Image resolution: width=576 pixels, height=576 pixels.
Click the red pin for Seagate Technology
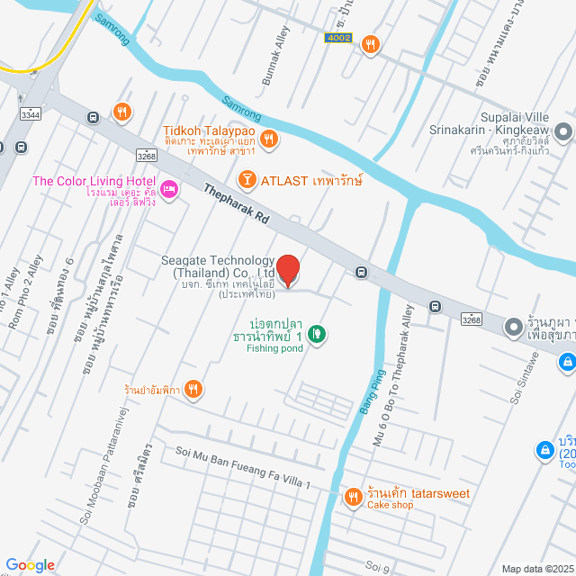(287, 270)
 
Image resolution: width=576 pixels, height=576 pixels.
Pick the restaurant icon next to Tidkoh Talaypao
(269, 138)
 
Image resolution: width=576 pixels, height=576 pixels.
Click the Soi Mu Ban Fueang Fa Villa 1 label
(243, 472)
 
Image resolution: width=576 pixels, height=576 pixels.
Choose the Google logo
(31, 565)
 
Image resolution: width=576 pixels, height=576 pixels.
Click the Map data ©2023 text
(536, 568)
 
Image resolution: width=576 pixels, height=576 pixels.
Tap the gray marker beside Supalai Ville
(564, 133)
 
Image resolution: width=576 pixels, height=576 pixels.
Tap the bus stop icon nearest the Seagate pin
(361, 272)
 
